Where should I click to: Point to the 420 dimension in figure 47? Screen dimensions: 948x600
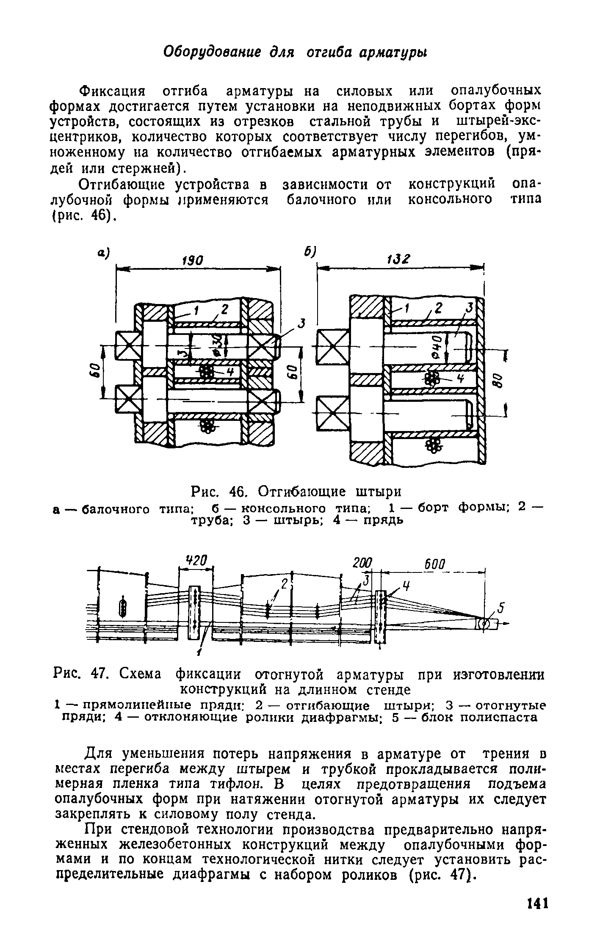click(196, 562)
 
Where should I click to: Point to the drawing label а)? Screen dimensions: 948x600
click(103, 253)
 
